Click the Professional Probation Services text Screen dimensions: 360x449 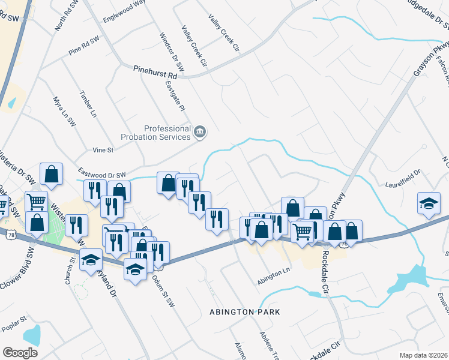(x=166, y=132)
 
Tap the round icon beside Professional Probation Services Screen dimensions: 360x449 (x=200, y=130)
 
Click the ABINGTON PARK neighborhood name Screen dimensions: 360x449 (x=244, y=312)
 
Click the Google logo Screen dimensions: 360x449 (x=20, y=352)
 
